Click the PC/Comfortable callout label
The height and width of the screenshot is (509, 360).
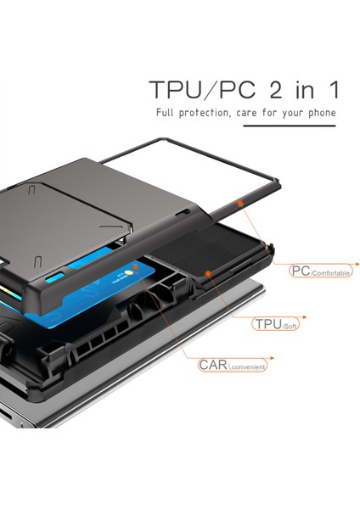point(318,271)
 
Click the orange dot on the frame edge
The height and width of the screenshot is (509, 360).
point(240,204)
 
